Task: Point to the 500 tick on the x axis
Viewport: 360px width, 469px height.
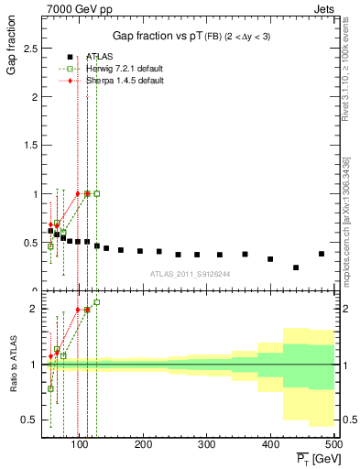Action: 333,443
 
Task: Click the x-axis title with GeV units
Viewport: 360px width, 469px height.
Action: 315,457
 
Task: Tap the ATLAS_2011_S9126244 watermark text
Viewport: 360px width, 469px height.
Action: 191,273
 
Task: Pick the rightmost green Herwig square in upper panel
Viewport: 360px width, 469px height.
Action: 97,193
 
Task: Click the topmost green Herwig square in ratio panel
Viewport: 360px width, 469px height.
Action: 97,302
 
